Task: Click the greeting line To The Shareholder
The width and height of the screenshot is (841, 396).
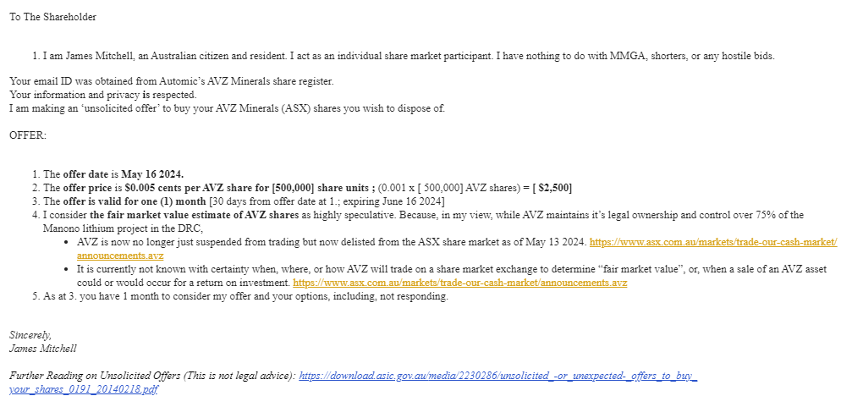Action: point(52,17)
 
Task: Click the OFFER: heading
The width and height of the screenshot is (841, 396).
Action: point(28,135)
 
